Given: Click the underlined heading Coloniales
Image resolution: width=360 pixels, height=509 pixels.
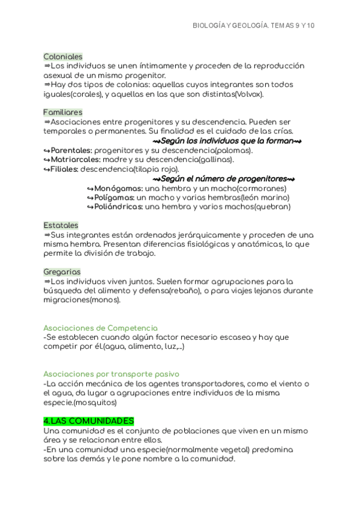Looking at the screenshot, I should coord(63,56).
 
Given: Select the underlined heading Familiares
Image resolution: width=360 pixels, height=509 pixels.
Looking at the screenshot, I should coord(63,112).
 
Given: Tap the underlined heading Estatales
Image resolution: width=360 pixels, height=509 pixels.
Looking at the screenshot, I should coord(61,225).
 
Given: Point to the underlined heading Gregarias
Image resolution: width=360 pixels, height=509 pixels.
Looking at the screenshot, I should coord(62,272).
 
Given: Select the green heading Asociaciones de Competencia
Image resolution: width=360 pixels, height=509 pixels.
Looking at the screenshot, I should coord(100,328).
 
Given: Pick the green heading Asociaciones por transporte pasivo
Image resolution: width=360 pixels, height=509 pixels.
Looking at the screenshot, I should coord(111,375).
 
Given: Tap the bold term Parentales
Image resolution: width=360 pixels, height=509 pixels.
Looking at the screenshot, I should coord(71,150).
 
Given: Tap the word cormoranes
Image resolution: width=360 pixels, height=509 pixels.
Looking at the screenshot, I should coord(260,188).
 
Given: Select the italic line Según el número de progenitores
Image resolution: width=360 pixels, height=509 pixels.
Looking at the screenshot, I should coord(223,179).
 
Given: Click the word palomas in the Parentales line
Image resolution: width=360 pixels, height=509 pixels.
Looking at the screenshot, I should coord(233,150).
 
